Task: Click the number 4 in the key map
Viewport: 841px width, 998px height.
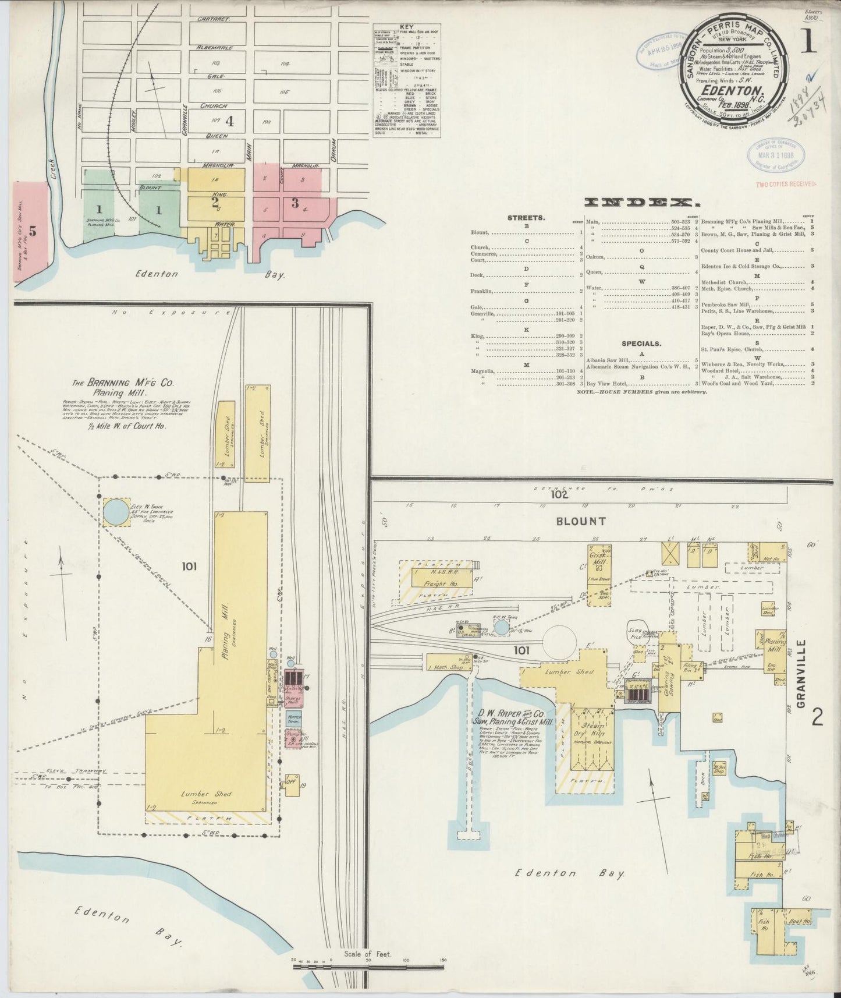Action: (x=229, y=122)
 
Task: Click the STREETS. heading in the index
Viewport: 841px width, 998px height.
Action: (x=526, y=218)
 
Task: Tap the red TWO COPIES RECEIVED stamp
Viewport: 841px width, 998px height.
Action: (x=786, y=184)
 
